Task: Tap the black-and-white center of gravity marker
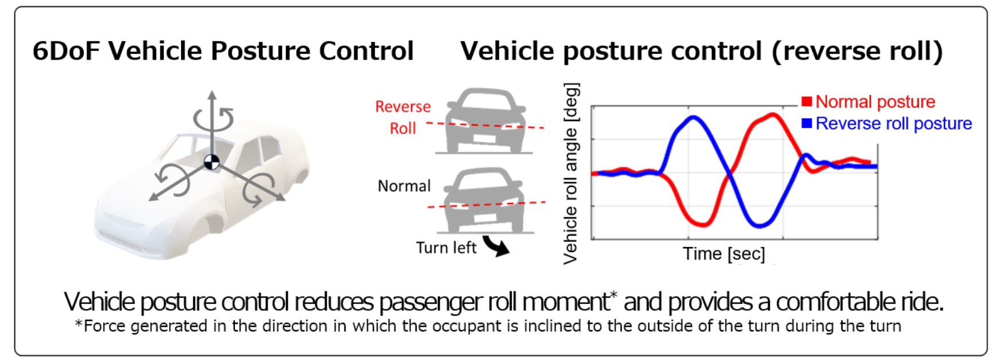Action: click(211, 163)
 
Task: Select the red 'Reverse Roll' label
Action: click(403, 118)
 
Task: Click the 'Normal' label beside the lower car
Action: click(404, 186)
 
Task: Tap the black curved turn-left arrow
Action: click(496, 245)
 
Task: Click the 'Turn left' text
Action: click(446, 248)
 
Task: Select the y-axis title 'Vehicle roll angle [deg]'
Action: click(571, 173)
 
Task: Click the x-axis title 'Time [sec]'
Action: click(724, 253)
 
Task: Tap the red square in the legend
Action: click(807, 101)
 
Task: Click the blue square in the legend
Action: click(807, 123)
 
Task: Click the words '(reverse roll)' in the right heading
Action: click(857, 52)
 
